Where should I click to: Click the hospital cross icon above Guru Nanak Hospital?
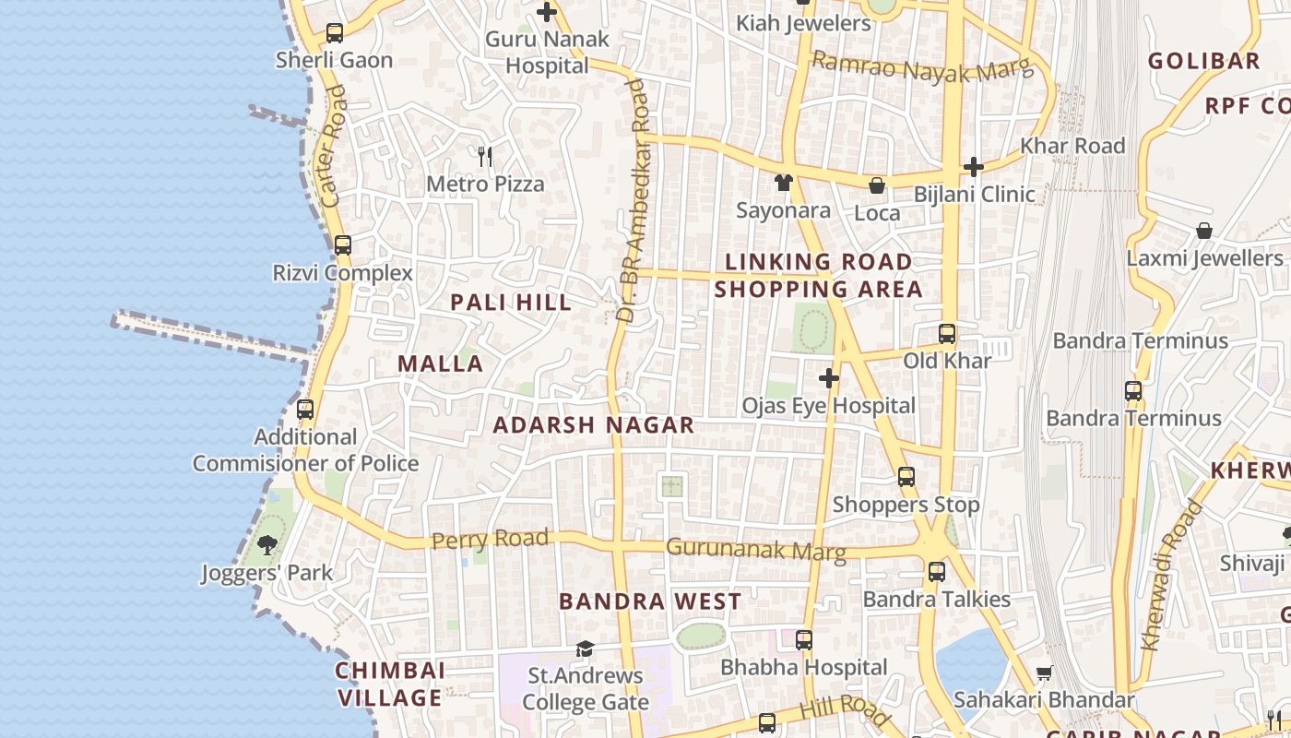point(547,12)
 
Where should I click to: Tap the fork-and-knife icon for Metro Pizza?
point(485,157)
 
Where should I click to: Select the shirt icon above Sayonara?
point(783,183)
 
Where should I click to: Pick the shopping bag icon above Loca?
point(876,185)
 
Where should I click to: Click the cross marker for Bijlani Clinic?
point(973,167)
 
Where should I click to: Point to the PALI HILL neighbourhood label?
point(510,302)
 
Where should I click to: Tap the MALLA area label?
point(440,363)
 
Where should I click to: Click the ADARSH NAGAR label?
point(593,425)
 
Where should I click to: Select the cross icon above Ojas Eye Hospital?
point(828,378)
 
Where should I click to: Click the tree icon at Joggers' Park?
point(267,545)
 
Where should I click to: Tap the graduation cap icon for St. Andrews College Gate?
point(585,649)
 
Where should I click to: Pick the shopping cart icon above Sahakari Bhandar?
point(1044,673)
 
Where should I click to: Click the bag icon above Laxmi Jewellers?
point(1203,231)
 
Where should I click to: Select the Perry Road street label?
point(490,539)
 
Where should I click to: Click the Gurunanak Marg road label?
point(755,550)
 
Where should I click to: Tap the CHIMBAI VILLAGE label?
point(390,684)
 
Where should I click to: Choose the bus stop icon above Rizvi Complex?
point(342,245)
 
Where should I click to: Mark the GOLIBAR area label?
point(1203,61)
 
